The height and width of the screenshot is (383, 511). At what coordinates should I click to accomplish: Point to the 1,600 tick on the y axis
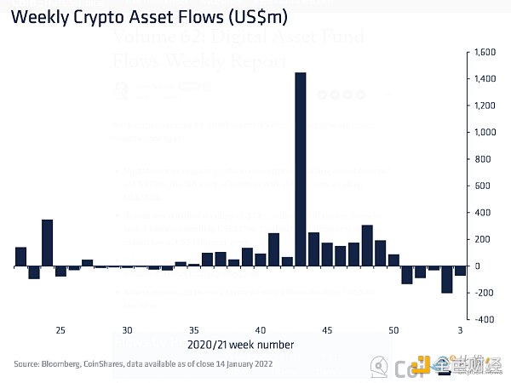[483, 52]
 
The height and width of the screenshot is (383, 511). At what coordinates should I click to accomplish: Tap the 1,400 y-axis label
[483, 79]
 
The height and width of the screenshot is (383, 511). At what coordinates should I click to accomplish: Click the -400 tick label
[483, 320]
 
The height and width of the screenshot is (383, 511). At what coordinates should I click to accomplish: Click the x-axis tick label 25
[60, 330]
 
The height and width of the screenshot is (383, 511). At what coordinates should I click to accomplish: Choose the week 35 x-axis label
[194, 330]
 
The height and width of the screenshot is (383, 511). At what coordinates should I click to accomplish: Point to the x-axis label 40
[261, 330]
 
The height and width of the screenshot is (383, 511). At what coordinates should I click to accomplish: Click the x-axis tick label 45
[327, 330]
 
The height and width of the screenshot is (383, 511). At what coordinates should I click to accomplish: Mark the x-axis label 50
[393, 330]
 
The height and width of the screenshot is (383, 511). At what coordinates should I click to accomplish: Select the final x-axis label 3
[460, 330]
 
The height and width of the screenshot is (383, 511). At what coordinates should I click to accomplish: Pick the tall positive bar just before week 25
[48, 243]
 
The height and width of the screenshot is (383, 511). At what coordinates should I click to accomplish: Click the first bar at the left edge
[20, 256]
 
